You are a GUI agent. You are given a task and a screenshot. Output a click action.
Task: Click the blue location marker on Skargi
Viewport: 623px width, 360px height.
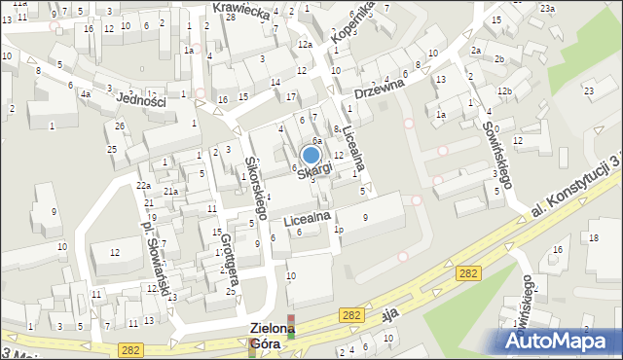coord(311,154)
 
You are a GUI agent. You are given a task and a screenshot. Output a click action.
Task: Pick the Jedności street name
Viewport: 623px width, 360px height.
coord(142,98)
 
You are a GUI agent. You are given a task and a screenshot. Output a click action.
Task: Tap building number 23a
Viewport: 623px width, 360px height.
coord(548,8)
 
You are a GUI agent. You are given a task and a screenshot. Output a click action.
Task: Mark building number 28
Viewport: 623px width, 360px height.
coord(230,19)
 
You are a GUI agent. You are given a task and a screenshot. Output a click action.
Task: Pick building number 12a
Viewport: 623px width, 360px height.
coord(305,46)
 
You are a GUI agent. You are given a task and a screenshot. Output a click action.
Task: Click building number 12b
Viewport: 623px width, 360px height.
coord(503,91)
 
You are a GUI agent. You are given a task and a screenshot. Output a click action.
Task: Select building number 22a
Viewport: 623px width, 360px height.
coord(143,186)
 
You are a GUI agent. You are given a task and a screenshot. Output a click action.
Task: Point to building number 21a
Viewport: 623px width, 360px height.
coord(169,192)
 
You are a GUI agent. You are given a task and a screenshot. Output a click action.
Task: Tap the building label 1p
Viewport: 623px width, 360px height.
coord(339,230)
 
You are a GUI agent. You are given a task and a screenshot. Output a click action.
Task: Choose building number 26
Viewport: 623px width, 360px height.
coord(120,126)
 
